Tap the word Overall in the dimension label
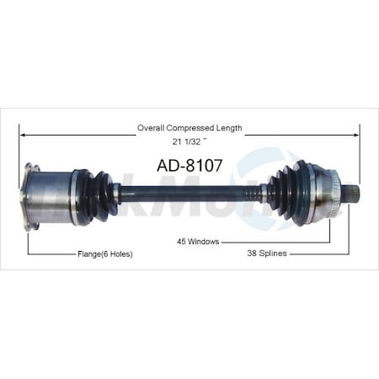click(152, 128)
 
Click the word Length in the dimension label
click(229, 128)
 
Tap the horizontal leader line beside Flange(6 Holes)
click(51, 254)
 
